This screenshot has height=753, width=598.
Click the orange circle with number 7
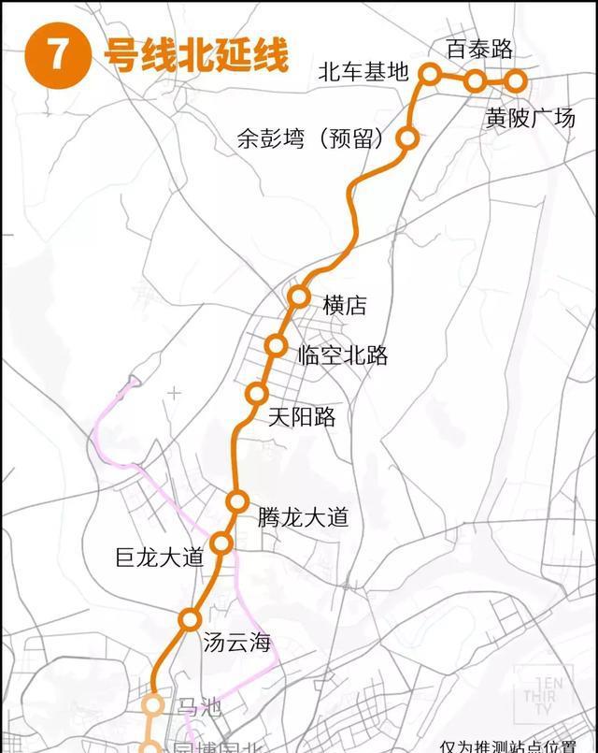[58, 54]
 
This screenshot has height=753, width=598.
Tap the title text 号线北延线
[195, 54]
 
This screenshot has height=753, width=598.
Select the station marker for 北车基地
[430, 72]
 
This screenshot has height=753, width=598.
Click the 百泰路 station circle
[476, 80]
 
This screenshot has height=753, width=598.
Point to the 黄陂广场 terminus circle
[515, 80]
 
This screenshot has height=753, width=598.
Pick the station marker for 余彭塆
[407, 138]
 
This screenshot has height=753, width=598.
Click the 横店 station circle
[298, 297]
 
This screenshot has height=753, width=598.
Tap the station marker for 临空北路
[276, 345]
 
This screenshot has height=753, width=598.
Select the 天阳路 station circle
[257, 394]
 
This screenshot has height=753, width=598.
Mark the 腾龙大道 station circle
[237, 501]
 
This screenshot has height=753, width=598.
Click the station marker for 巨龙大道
[221, 543]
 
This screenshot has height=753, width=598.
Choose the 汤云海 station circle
[191, 618]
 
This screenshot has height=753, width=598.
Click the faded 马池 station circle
[153, 705]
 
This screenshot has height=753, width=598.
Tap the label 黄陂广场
[530, 119]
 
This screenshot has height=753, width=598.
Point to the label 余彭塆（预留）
[311, 139]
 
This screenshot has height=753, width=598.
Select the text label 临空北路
[342, 355]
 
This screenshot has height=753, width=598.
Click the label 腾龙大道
[303, 516]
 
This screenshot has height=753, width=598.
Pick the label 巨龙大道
[159, 558]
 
